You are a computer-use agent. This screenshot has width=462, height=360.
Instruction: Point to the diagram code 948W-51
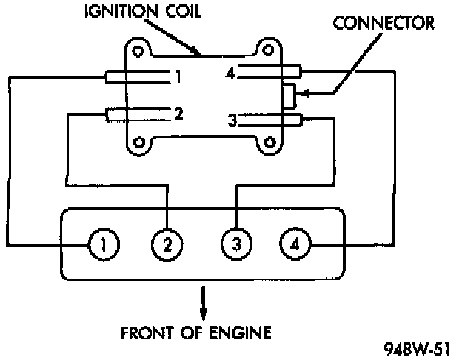(420, 348)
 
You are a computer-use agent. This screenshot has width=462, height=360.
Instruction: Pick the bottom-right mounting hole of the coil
(270, 141)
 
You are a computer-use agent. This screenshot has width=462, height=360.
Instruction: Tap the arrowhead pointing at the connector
(304, 95)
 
